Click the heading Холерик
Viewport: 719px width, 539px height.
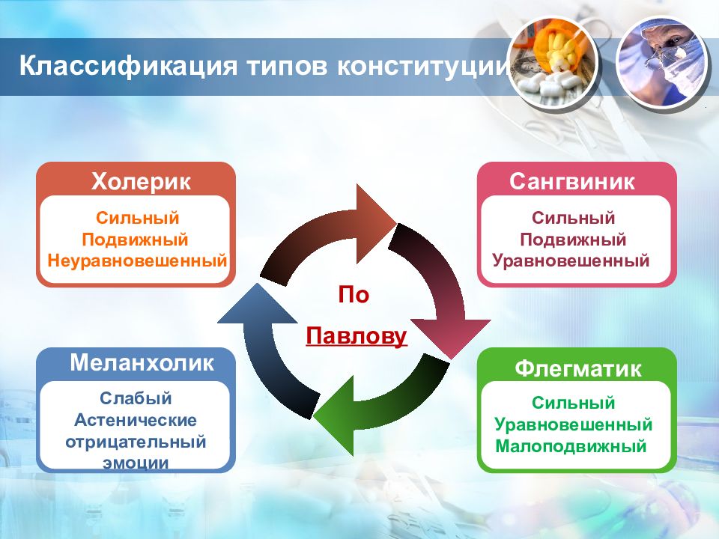click(x=141, y=181)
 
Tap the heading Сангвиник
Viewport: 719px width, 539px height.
click(x=571, y=181)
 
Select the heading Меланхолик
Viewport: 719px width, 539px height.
click(x=142, y=362)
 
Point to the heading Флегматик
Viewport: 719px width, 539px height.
click(x=577, y=368)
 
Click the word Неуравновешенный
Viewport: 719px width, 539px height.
click(x=137, y=261)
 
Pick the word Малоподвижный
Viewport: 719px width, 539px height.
click(x=571, y=446)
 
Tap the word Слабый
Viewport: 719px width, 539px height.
click(x=136, y=398)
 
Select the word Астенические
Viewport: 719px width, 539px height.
click(x=136, y=420)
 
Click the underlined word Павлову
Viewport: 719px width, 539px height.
click(x=357, y=335)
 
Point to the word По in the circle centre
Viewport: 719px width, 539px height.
click(x=354, y=295)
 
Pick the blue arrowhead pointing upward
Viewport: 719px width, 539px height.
click(x=257, y=303)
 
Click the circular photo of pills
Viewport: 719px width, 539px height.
click(x=553, y=64)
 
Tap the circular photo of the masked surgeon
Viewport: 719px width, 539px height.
click(x=661, y=64)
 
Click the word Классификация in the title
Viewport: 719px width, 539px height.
click(x=128, y=66)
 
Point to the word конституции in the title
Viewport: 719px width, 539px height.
click(x=422, y=66)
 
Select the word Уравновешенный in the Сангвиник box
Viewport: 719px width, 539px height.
click(x=571, y=261)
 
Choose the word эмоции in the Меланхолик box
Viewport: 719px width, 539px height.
click(x=136, y=463)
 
